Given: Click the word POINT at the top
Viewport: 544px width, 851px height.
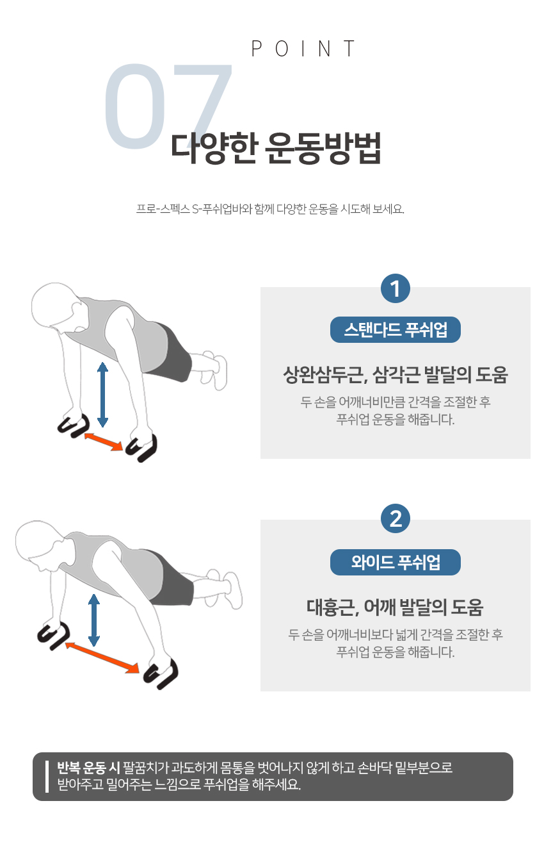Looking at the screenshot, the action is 303,49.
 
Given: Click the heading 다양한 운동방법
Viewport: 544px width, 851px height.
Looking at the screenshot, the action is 276,148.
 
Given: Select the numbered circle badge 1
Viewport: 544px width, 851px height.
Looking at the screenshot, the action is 396,288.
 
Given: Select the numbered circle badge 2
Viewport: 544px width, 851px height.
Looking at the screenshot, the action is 396,518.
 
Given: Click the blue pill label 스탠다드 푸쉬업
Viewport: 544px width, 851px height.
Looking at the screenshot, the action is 396,329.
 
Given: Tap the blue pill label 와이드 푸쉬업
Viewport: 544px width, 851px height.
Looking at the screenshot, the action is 396,562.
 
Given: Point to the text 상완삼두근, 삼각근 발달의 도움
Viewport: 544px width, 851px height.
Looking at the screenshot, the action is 396,375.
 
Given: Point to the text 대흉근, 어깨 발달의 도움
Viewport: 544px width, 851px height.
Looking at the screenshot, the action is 396,607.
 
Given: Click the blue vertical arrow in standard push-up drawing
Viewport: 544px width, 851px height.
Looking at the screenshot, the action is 102,394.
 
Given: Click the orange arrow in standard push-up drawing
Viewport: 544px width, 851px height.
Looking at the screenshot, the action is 103,442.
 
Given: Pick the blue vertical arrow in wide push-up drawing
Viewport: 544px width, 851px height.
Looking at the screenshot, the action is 93,620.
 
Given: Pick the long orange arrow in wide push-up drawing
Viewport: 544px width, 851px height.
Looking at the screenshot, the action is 102,657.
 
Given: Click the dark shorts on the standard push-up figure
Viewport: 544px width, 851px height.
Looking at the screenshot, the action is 173,352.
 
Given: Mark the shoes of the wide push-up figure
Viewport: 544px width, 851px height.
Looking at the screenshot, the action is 225,589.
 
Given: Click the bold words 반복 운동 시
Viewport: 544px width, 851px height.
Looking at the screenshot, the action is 88,768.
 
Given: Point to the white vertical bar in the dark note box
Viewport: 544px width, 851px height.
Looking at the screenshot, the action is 47,777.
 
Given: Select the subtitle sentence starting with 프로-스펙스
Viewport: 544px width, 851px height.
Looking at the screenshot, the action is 270,209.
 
